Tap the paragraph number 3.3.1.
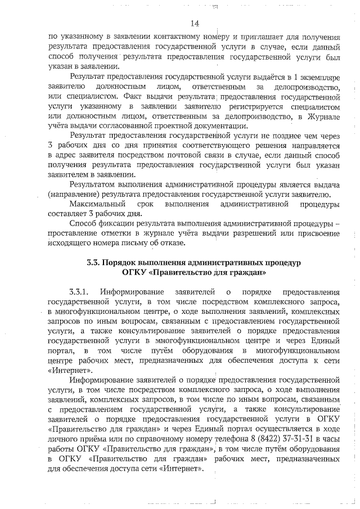pyautogui.click(x=80, y=292)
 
